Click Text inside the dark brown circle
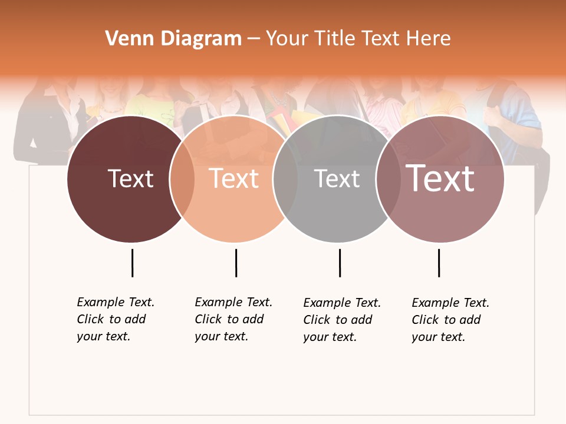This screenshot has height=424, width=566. coord(130,179)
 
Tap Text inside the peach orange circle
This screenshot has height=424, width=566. coord(234,179)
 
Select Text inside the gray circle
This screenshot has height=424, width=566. coord(337,179)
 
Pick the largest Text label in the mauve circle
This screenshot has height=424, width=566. coord(440,178)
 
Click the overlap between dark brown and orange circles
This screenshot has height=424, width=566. coord(182,179)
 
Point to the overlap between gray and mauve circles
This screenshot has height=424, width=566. coord(387,179)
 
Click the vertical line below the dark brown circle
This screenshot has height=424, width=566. coord(132,263)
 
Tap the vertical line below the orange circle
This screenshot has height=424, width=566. coord(236,263)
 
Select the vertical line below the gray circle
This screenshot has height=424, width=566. coord(340,263)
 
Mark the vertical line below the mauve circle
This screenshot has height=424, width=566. coord(439,263)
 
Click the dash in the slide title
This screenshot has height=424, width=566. coord(254,39)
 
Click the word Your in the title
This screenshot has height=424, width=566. coord(286,39)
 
